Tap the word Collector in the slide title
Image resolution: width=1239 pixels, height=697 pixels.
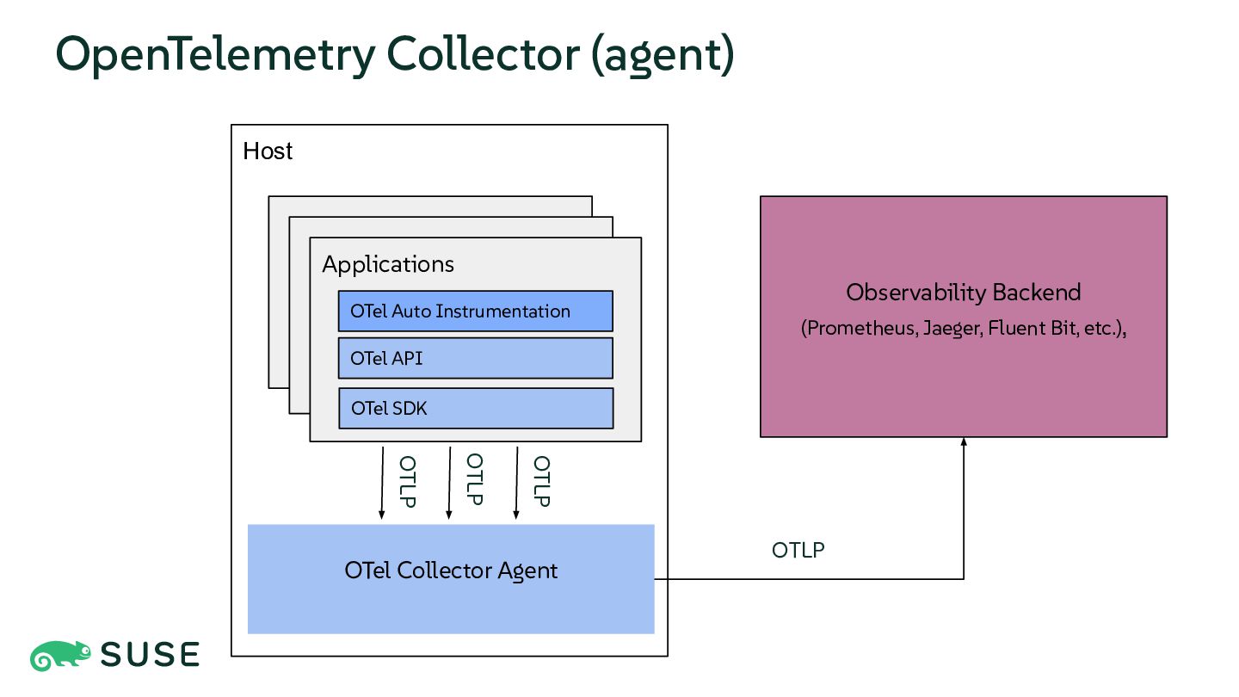pos(483,54)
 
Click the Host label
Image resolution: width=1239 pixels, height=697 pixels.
pos(268,151)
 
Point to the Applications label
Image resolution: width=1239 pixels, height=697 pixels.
pos(388,264)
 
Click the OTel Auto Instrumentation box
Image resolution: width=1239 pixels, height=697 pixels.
pos(476,311)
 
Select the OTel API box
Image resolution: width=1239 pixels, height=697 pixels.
pos(476,359)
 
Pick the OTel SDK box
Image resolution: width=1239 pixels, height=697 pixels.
pos(476,408)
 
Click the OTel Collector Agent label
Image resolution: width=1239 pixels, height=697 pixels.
pos(451,571)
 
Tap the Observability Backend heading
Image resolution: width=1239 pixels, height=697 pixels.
pos(964,293)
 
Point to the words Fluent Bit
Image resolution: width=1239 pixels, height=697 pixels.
pos(1032,328)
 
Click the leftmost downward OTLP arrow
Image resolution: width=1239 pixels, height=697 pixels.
pos(382,483)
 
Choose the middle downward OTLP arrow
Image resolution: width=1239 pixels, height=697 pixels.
pos(449,483)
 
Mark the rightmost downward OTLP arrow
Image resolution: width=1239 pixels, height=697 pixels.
pos(516,483)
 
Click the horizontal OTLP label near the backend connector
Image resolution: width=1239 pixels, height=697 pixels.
pos(798,551)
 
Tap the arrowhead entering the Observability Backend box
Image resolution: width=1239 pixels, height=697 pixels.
pos(964,441)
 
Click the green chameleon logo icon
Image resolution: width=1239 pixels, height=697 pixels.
pos(60,656)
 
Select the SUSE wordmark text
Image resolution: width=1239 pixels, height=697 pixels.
pos(150,655)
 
